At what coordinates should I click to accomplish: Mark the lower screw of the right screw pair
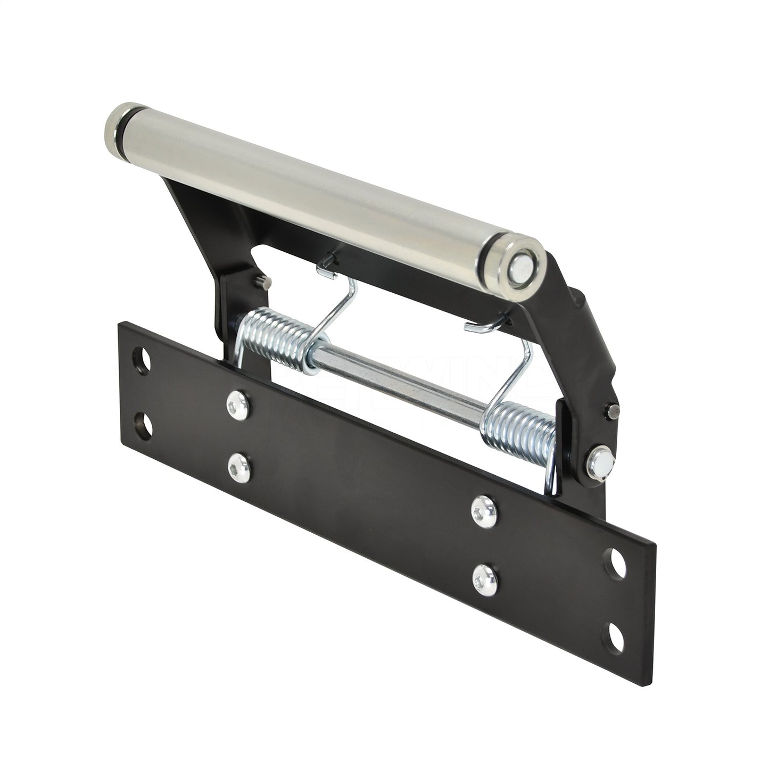pyautogui.click(x=482, y=573)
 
